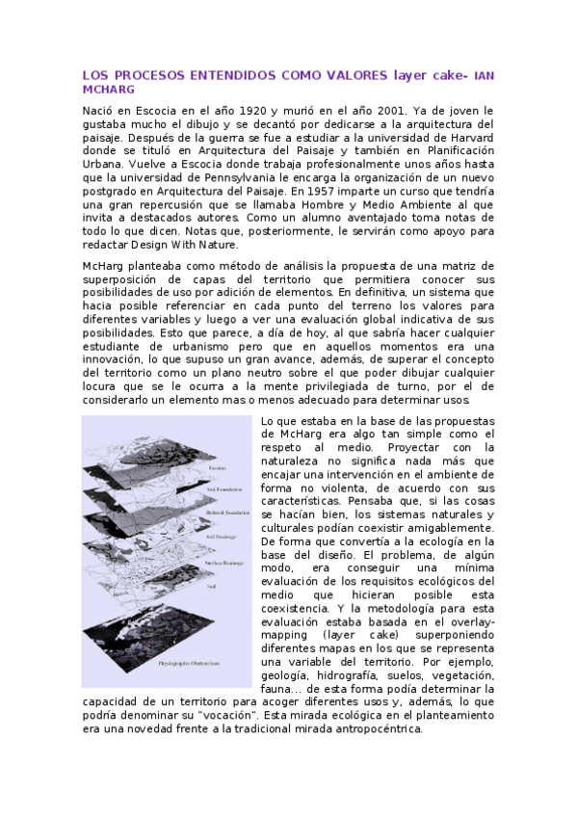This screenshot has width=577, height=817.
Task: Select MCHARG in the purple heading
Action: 103,89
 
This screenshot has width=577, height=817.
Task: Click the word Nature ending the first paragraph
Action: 244,246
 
